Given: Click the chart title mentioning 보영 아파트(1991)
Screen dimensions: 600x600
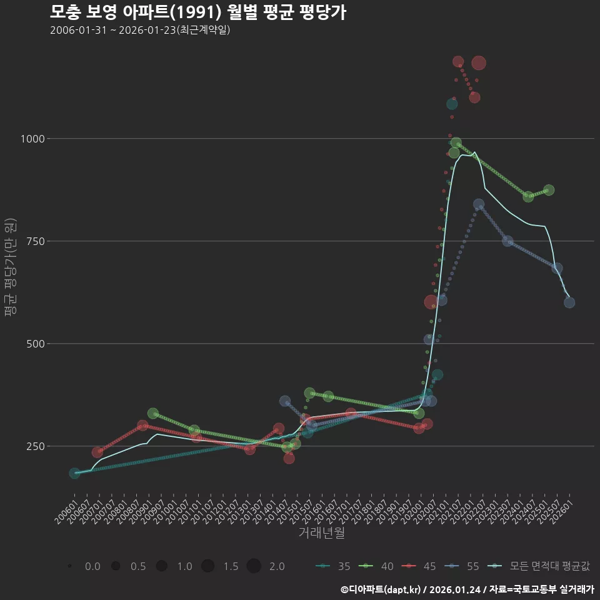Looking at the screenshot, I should coord(197,12).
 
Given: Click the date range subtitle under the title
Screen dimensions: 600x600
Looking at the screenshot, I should coord(141,30).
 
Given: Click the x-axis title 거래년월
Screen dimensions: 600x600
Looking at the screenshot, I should coord(322,532).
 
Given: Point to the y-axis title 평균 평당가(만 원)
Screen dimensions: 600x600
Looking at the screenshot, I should coord(9,269).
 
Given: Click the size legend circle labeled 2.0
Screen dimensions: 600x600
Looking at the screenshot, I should coord(253,566).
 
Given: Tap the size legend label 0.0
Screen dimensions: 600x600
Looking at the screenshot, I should coord(92,566).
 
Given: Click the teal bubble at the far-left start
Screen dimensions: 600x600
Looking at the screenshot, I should coord(75,474).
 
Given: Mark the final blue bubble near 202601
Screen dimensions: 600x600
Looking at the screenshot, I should coord(569,302).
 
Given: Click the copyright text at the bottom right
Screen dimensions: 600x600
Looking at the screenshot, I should coord(467,589).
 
